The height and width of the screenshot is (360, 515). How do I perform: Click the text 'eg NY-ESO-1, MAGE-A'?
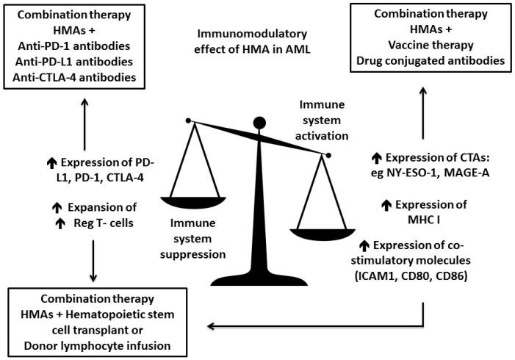click(x=439, y=173)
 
